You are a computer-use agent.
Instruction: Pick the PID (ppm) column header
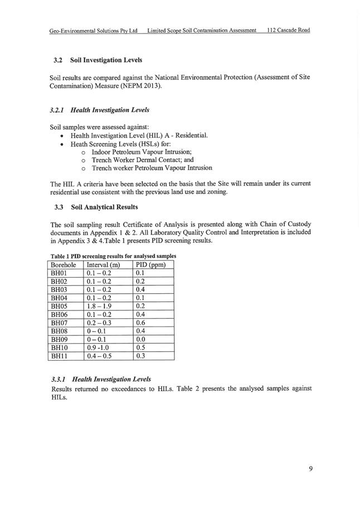(x=151, y=265)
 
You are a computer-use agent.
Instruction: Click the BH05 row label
(x=59, y=306)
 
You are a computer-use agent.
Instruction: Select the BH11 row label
(x=59, y=356)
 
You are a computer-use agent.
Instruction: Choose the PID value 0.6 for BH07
(x=141, y=322)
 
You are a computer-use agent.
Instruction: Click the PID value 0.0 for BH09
(x=141, y=339)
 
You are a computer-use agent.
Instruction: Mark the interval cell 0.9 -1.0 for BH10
(x=99, y=347)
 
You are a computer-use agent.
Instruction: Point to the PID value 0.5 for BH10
(x=141, y=347)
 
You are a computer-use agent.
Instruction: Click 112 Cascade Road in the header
(x=288, y=30)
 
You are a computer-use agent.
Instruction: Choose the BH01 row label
(x=59, y=273)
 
